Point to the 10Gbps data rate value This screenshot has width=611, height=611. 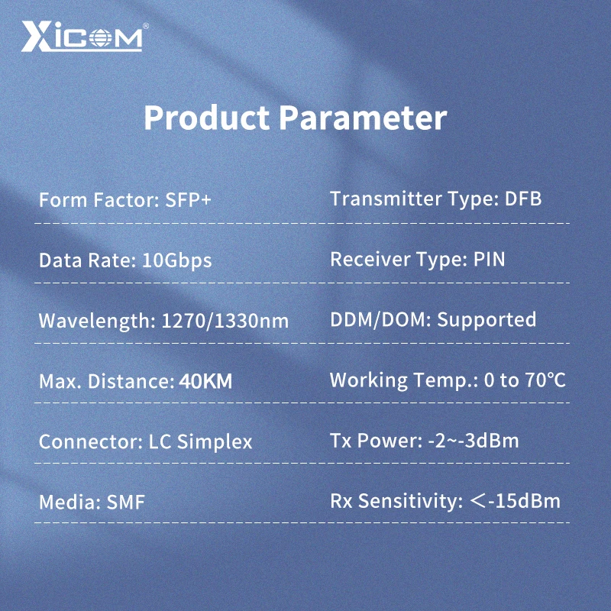[x=177, y=260]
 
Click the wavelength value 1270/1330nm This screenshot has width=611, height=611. [x=225, y=321]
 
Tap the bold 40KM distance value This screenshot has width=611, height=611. [x=205, y=381]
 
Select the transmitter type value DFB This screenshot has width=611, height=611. [x=523, y=199]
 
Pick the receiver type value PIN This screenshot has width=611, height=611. [x=489, y=259]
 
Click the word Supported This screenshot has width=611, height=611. [x=487, y=319]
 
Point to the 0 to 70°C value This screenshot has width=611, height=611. [x=525, y=380]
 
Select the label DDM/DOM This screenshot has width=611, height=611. [x=380, y=319]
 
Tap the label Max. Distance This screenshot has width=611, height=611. [x=105, y=381]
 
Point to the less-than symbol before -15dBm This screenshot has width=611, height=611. [x=479, y=501]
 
